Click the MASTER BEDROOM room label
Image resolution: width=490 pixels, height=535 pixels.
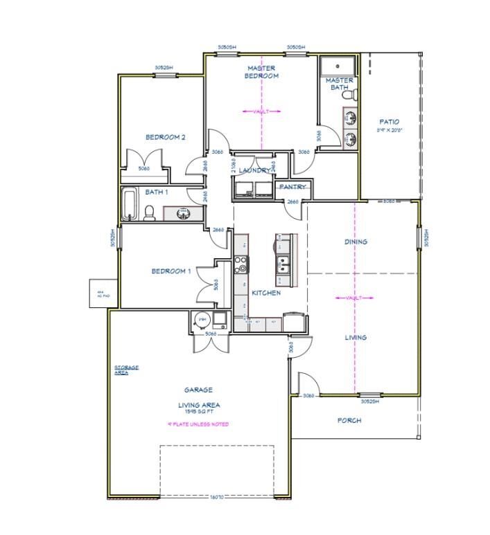click(x=261, y=72)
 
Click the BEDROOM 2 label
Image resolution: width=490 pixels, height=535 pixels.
click(x=165, y=137)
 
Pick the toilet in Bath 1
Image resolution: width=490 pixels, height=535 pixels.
click(x=149, y=212)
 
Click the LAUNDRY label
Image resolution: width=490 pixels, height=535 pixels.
click(x=254, y=170)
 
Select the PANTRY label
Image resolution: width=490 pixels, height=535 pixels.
click(x=292, y=187)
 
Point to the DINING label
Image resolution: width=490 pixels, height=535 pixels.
click(x=356, y=242)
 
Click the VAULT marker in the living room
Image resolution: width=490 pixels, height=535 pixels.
click(x=355, y=298)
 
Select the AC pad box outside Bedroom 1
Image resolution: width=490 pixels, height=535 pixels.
click(x=99, y=293)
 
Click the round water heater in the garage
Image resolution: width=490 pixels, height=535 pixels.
click(x=202, y=320)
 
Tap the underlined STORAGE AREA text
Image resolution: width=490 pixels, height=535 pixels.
click(x=126, y=370)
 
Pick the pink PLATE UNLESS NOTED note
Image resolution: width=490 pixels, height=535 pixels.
click(x=198, y=424)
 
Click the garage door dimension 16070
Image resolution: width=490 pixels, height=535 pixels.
click(x=217, y=497)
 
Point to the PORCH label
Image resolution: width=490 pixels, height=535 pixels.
click(x=349, y=420)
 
